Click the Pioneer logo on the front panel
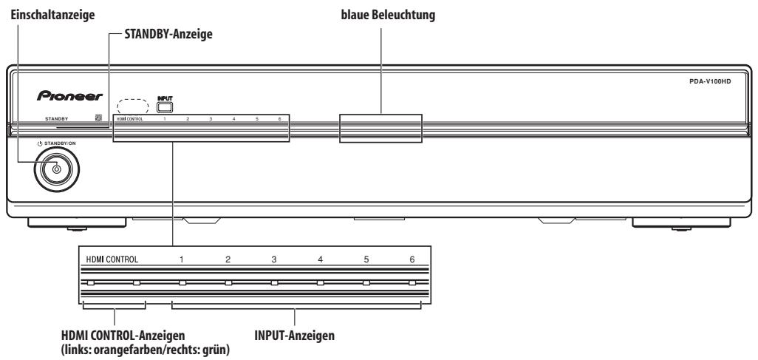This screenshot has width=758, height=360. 69,96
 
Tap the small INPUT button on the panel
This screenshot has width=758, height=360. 165,107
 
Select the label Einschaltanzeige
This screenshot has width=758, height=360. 52,15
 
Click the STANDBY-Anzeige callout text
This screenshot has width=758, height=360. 168,34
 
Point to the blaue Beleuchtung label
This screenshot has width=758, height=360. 388,15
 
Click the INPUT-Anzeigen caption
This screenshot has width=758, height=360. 294,336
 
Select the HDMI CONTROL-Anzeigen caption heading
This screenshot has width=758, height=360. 123,336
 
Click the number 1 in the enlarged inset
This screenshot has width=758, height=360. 181,259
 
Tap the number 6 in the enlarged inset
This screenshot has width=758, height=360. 412,259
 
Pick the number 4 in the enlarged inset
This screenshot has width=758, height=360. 320,259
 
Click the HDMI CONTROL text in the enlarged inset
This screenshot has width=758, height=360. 112,259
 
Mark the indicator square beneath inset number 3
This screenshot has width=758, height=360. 274,282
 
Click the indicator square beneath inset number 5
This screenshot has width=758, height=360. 366,282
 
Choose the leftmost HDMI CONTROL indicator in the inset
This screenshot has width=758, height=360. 90,282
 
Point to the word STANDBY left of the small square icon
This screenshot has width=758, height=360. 57,118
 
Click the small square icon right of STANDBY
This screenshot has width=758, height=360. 98,117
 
